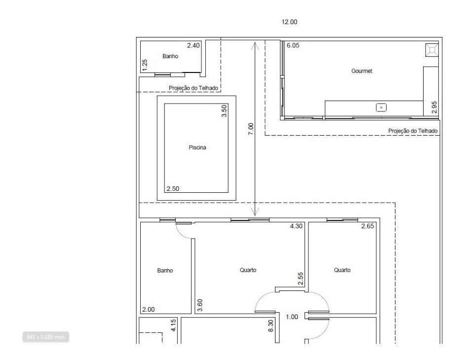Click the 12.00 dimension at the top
click(x=289, y=22)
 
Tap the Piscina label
click(x=197, y=147)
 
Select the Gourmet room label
click(x=361, y=71)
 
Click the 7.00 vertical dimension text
click(x=251, y=129)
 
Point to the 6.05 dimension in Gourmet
click(x=293, y=45)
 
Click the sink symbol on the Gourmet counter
click(x=381, y=107)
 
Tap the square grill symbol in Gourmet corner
click(x=431, y=50)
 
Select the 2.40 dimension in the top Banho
click(x=194, y=45)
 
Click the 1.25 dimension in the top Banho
click(x=145, y=65)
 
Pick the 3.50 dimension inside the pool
click(x=224, y=110)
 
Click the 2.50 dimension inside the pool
click(x=173, y=188)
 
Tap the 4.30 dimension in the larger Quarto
click(x=296, y=226)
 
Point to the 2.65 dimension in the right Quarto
click(x=367, y=226)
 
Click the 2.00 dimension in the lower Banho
click(x=148, y=309)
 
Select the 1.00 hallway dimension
click(x=292, y=317)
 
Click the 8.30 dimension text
click(x=271, y=326)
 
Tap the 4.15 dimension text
click(x=173, y=325)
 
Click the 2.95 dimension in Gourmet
click(x=434, y=108)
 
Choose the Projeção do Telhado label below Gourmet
click(x=413, y=131)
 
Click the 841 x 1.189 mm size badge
click(x=45, y=337)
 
